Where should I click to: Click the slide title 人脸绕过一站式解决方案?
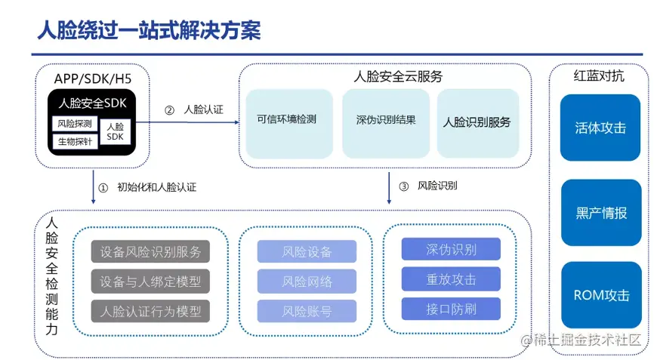(149, 30)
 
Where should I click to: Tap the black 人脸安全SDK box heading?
(92, 103)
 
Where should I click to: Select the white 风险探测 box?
(75, 123)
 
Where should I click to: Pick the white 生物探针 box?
(75, 141)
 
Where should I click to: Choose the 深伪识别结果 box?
(385, 119)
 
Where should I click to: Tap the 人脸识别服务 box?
(477, 122)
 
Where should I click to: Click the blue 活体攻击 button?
(600, 128)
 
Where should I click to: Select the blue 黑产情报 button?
(600, 213)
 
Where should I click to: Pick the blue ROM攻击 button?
(600, 295)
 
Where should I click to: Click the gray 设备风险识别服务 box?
(150, 252)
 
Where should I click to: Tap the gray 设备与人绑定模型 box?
(150, 282)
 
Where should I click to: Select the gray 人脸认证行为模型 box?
(150, 310)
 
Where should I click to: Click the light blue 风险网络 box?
(307, 282)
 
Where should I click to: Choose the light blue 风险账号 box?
(307, 310)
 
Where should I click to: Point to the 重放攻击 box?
(451, 279)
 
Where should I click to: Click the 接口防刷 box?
(451, 308)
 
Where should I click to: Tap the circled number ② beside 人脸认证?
(170, 109)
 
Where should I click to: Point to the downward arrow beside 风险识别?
(389, 188)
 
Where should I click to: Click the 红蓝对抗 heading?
(599, 76)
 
